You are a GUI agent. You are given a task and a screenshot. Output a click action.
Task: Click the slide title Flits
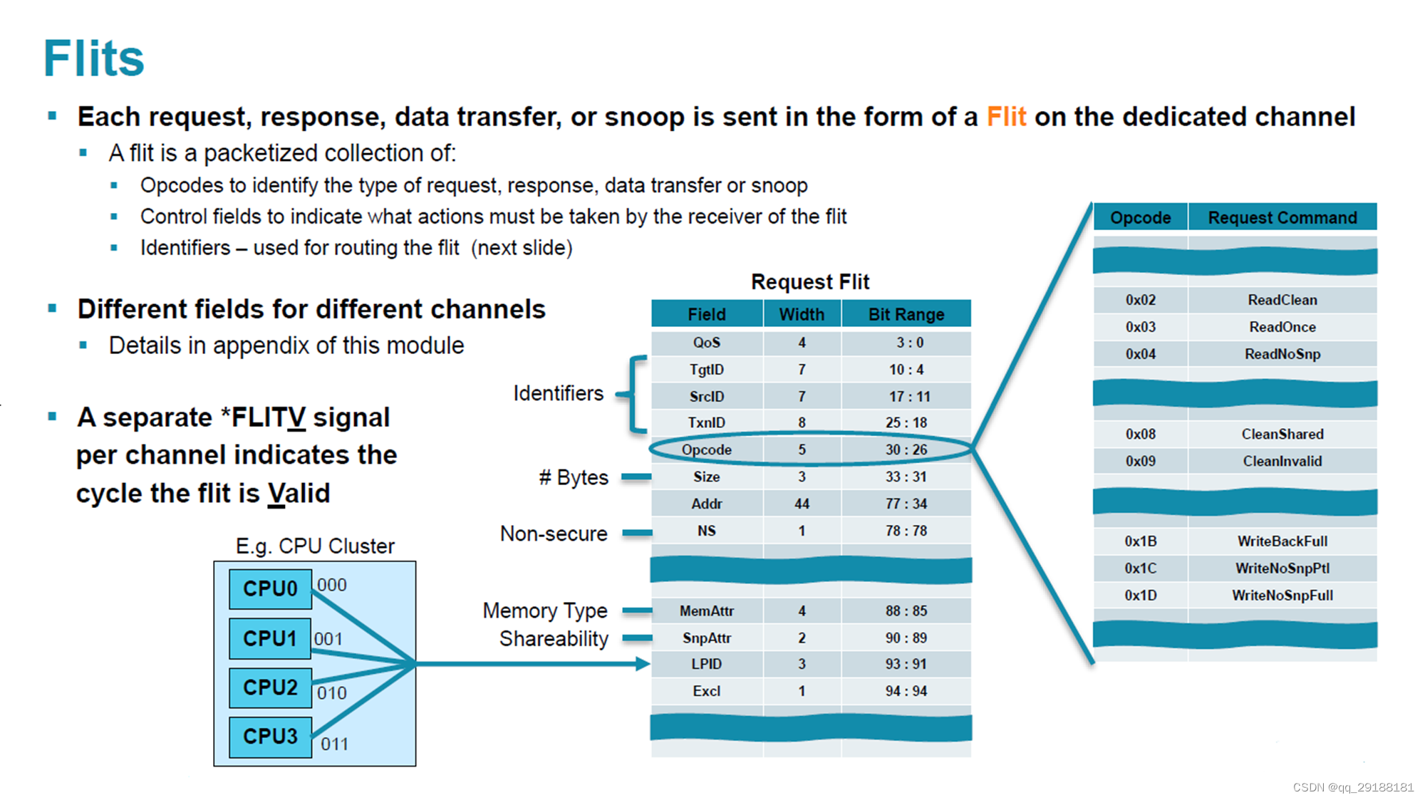(x=93, y=58)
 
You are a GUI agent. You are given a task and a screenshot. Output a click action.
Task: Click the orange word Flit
(x=1005, y=117)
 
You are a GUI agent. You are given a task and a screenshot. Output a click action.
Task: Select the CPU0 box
(x=270, y=588)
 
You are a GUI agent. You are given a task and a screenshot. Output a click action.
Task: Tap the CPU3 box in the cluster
(x=270, y=736)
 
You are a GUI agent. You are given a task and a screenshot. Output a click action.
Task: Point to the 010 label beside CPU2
(x=331, y=692)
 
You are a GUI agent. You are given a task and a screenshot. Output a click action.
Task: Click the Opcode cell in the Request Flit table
(x=706, y=450)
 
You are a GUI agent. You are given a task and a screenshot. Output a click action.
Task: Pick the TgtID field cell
(x=706, y=370)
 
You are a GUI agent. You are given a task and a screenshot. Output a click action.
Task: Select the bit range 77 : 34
(x=906, y=504)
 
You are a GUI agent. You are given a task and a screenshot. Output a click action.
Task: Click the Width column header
(x=802, y=314)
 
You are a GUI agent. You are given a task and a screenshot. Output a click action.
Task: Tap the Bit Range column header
(x=906, y=314)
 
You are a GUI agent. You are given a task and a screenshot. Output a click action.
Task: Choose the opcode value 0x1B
(x=1140, y=541)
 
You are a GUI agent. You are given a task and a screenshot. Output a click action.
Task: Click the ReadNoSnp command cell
(x=1282, y=354)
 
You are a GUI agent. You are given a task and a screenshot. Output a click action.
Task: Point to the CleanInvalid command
(x=1282, y=461)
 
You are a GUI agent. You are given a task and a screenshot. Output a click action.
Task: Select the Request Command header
(x=1282, y=217)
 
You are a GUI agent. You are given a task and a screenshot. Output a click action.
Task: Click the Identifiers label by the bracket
(x=558, y=393)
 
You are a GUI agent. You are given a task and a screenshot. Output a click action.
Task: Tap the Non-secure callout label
(x=554, y=534)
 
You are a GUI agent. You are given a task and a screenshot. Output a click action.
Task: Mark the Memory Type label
(x=544, y=611)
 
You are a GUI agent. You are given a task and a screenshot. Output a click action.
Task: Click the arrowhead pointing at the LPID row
(x=643, y=664)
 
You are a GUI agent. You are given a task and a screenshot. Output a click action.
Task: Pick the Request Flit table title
(x=810, y=281)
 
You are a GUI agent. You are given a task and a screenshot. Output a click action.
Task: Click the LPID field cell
(x=706, y=664)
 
